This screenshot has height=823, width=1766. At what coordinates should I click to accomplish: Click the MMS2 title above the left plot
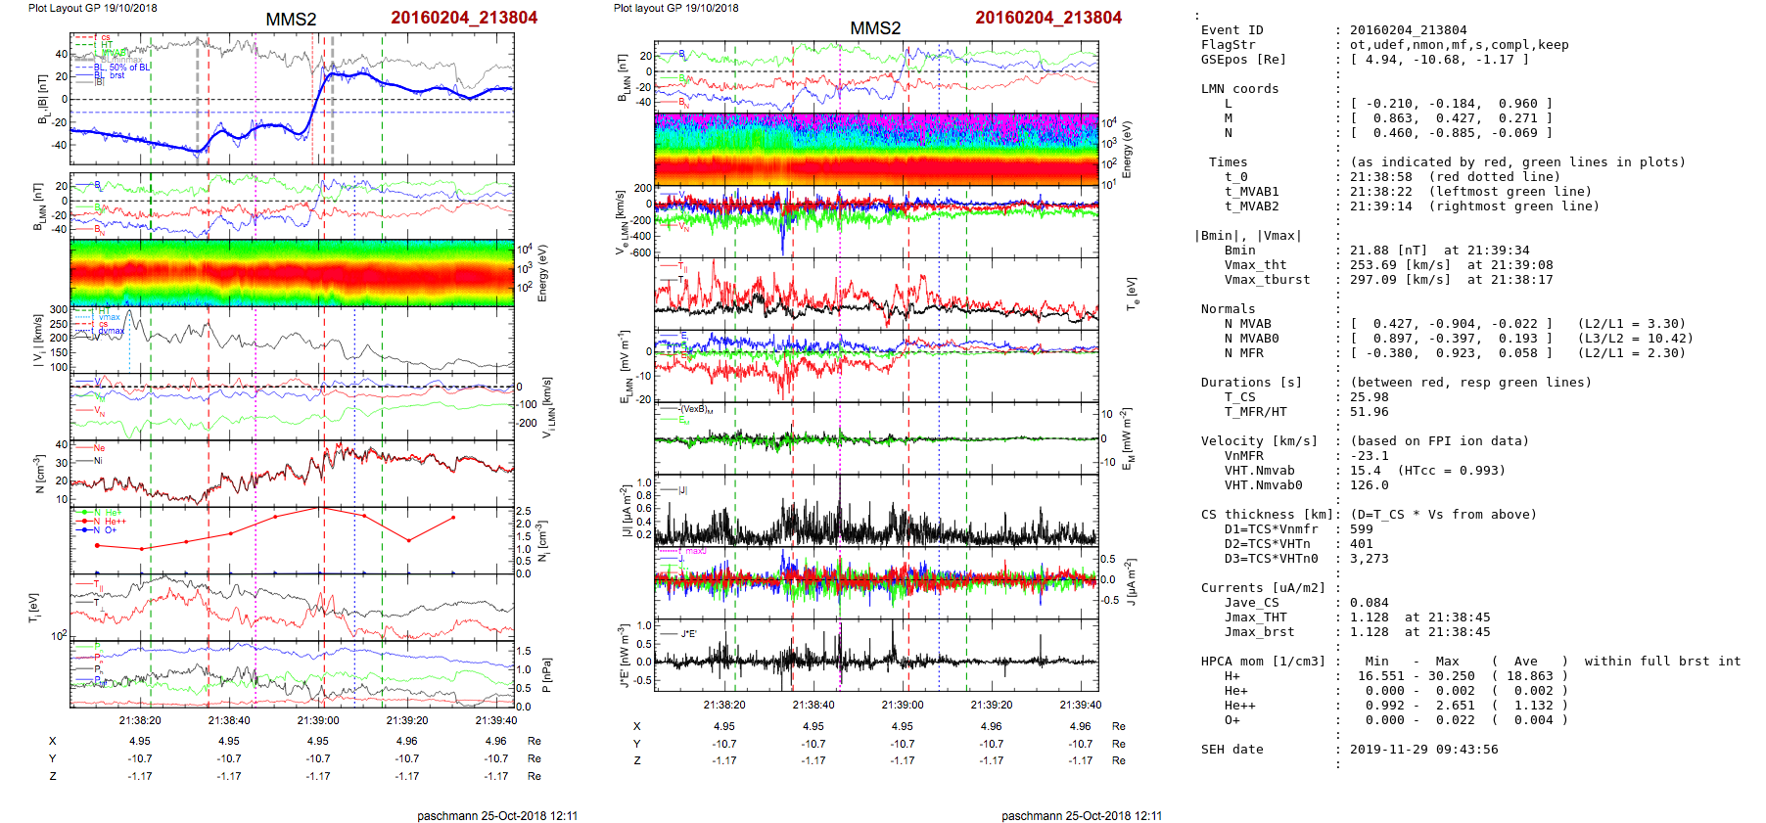291,20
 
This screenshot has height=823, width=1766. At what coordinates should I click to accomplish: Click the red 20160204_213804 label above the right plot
1047,18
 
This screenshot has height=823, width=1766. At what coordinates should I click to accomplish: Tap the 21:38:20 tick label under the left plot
140,720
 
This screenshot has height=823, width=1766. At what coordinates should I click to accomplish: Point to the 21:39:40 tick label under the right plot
1080,705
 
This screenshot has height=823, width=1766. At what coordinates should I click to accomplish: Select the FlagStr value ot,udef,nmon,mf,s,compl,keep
1459,45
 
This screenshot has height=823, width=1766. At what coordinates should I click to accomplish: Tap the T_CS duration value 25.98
1369,397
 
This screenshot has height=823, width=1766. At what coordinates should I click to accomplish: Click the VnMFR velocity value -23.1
1369,456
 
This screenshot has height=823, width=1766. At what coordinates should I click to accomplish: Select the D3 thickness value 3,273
1369,559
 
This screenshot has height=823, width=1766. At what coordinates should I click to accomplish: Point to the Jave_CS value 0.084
1369,603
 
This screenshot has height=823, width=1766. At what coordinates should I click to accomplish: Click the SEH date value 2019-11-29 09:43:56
1423,750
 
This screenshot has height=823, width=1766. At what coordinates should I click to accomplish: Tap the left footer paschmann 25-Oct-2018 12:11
497,815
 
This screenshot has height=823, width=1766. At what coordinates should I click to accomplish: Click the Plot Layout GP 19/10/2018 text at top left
92,8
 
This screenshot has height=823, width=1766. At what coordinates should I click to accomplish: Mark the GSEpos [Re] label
1243,60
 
